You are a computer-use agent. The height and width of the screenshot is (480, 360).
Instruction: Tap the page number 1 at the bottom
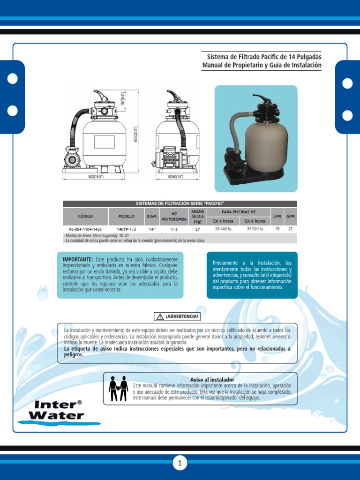click(180, 464)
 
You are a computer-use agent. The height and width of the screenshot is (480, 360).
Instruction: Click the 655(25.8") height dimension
click(135, 135)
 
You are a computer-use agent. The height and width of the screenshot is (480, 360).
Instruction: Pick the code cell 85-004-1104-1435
click(85, 229)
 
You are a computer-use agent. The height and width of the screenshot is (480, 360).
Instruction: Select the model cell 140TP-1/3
click(127, 229)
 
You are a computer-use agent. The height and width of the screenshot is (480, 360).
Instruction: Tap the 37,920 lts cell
click(255, 229)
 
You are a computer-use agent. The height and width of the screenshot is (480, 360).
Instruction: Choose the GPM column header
click(291, 216)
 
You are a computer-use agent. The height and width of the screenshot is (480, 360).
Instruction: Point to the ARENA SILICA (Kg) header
click(198, 216)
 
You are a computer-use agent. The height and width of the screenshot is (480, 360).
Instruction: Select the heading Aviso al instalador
click(212, 379)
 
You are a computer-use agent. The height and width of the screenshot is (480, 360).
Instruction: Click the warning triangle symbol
click(160, 316)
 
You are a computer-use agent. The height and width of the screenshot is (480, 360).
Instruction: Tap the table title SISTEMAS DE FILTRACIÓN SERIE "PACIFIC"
click(180, 203)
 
